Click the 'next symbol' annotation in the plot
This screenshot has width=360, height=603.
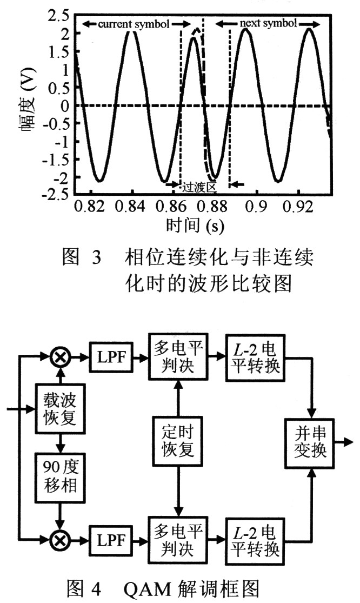(268, 24)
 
